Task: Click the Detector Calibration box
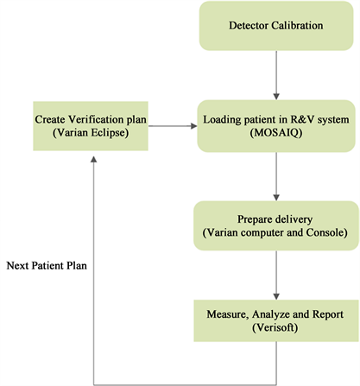click(275, 25)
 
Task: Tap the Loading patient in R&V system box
click(275, 126)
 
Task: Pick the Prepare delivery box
click(275, 225)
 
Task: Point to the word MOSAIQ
click(275, 135)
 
